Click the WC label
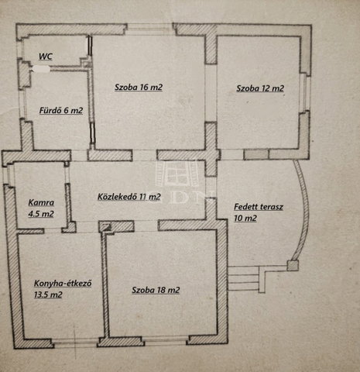[46, 57]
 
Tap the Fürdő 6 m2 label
[61, 111]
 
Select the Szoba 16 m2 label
[139, 88]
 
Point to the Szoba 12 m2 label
[260, 88]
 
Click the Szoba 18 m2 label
[156, 290]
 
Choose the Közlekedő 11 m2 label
[129, 197]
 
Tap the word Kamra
[41, 202]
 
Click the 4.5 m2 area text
[41, 214]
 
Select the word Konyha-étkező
[63, 283]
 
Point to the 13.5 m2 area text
[48, 294]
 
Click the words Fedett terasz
[259, 207]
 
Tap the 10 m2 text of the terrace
[245, 219]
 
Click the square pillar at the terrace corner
[293, 266]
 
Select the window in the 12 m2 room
[305, 93]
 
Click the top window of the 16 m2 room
[150, 29]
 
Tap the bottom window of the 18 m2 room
[166, 340]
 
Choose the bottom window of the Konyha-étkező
[76, 343]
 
